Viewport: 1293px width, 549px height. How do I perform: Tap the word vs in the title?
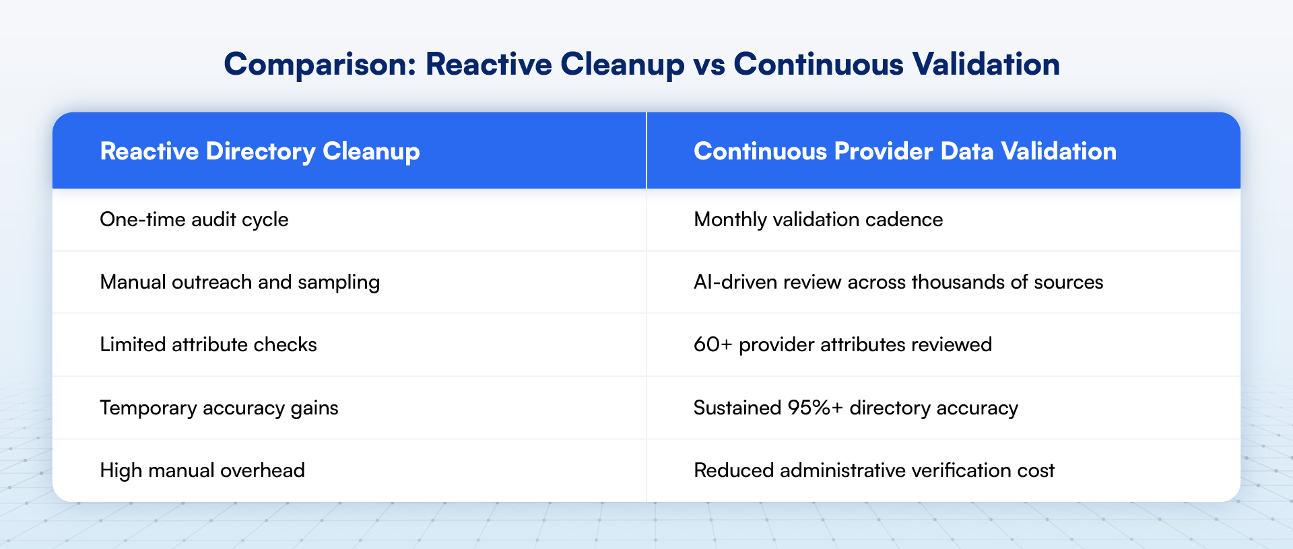pyautogui.click(x=708, y=65)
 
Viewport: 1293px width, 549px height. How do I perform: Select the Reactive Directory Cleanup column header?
pyautogui.click(x=260, y=151)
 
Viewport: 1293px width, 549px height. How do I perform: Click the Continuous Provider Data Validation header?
pyautogui.click(x=904, y=151)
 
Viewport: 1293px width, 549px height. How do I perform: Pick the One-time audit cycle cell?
pyautogui.click(x=194, y=219)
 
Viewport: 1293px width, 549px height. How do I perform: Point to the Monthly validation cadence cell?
pyautogui.click(x=818, y=219)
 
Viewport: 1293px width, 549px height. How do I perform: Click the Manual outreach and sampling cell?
pyautogui.click(x=240, y=282)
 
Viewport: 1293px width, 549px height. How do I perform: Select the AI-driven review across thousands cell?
pyautogui.click(x=898, y=282)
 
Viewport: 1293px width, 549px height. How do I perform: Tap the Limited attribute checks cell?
pyautogui.click(x=208, y=344)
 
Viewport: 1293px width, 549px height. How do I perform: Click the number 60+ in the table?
pyautogui.click(x=712, y=344)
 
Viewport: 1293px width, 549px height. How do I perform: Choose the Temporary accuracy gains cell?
pyautogui.click(x=219, y=408)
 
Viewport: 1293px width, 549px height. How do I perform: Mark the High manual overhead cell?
pyautogui.click(x=202, y=470)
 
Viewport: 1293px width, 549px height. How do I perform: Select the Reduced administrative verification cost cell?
pyautogui.click(x=873, y=470)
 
